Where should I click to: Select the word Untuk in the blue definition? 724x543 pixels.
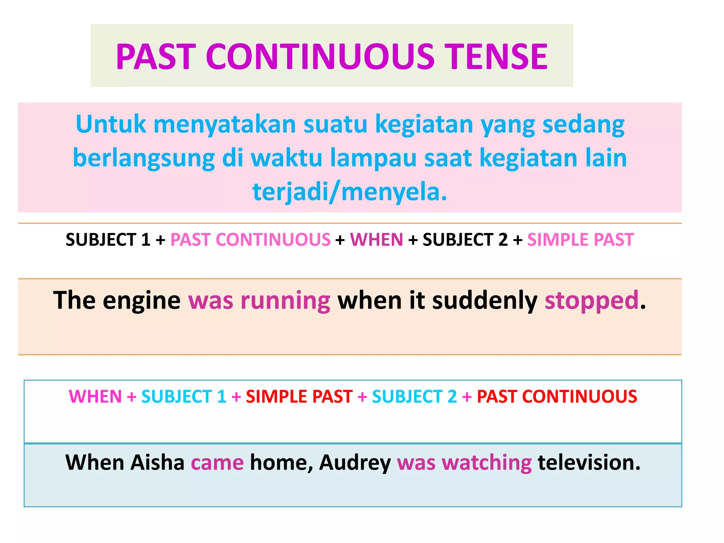pyautogui.click(x=111, y=124)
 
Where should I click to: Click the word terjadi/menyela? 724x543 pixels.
pyautogui.click(x=350, y=192)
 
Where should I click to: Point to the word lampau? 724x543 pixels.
pyautogui.click(x=373, y=158)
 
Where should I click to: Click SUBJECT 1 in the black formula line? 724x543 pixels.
pyautogui.click(x=108, y=240)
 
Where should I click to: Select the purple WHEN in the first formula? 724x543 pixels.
pyautogui.click(x=376, y=240)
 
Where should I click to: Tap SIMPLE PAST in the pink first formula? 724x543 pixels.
pyautogui.click(x=580, y=240)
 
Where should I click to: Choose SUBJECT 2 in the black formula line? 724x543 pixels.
pyautogui.click(x=465, y=240)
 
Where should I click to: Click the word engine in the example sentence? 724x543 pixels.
pyautogui.click(x=141, y=300)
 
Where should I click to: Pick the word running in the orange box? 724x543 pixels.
pyautogui.click(x=285, y=300)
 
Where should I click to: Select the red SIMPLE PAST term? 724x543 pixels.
pyautogui.click(x=299, y=396)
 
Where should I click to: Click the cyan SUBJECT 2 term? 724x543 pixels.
pyautogui.click(x=414, y=396)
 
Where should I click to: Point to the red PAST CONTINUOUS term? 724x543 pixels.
pyautogui.click(x=557, y=396)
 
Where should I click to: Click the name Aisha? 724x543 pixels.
pyautogui.click(x=157, y=462)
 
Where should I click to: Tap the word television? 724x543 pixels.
pyautogui.click(x=589, y=462)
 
